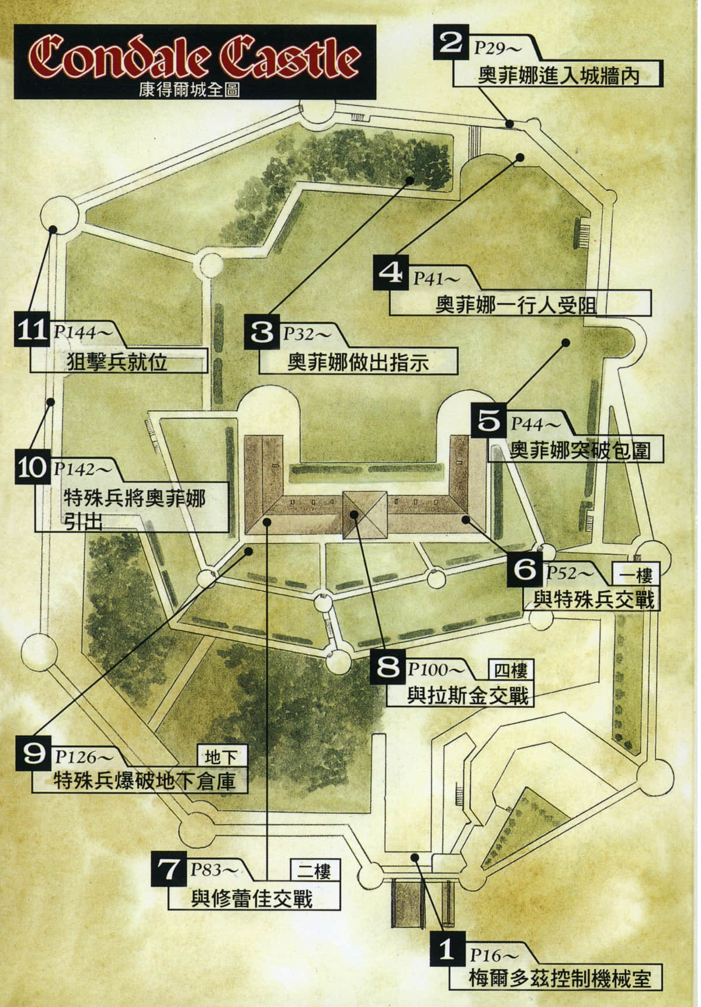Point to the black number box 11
(32, 331)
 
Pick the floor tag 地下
(223, 758)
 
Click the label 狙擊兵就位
(118, 362)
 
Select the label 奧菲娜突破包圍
(580, 450)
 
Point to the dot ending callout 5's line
(565, 343)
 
